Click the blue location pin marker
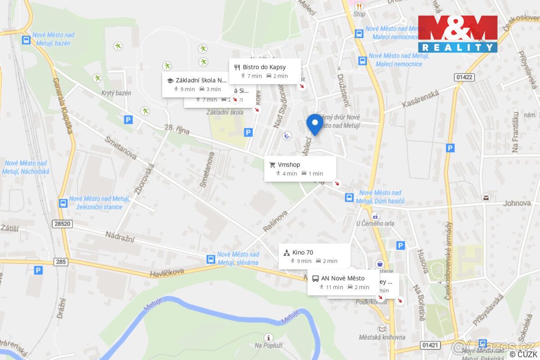pos(315,124)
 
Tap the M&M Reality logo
pos(458,34)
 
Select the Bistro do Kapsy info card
pos(265,71)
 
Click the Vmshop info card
pos(300,169)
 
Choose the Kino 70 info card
pos(314,256)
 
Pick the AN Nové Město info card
pos(343,282)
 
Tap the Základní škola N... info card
pos(196,84)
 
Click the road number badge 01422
pos(464,77)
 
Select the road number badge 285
pos(61,261)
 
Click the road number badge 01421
pos(431,345)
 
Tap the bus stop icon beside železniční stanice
pos(63,203)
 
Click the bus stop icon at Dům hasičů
pos(349,197)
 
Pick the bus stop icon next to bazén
pos(26,40)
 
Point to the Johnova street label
pos(517,203)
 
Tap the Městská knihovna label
pos(382,337)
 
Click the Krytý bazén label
pos(116,93)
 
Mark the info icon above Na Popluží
pos(269,337)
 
